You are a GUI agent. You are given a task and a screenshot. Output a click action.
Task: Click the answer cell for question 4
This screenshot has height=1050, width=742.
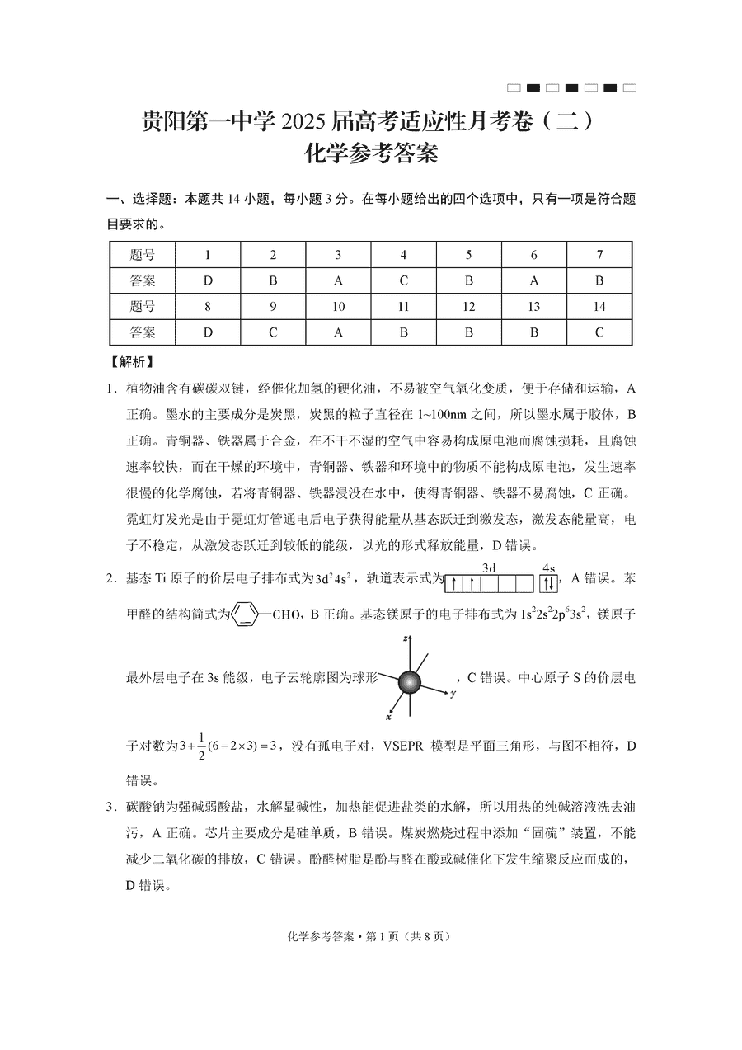[x=403, y=280]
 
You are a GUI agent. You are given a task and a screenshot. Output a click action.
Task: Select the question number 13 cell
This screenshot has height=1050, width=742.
[x=534, y=307]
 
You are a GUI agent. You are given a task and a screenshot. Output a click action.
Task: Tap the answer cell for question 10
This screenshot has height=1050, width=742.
[x=338, y=332]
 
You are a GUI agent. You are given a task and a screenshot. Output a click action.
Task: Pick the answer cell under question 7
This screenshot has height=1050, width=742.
[x=599, y=280]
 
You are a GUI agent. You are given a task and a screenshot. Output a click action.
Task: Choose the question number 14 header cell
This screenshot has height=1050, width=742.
[x=599, y=307]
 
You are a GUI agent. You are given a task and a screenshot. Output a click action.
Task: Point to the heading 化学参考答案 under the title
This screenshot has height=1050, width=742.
[x=370, y=154]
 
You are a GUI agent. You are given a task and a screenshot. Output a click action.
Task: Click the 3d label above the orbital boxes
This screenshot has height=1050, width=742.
[x=488, y=568]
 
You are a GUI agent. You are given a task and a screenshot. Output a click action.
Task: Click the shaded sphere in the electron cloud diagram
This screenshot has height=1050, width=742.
[x=410, y=682]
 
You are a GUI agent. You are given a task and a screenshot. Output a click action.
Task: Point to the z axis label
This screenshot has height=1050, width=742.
[x=406, y=638]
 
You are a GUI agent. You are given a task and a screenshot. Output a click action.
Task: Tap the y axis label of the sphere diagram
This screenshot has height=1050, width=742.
[x=453, y=694]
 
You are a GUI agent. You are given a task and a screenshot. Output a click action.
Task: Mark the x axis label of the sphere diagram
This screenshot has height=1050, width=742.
[x=387, y=718]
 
